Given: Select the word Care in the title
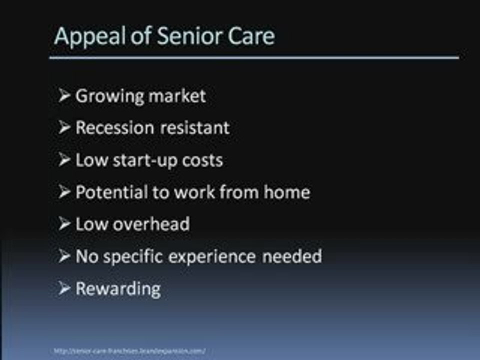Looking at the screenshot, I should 252,36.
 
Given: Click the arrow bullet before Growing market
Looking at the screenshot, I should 64,95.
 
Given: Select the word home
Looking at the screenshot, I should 288,192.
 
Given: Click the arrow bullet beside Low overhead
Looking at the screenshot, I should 64,224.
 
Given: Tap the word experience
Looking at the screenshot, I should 222,257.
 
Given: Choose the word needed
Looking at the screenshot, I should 299,256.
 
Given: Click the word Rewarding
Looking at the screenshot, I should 118,289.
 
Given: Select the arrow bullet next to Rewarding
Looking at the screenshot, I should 64,288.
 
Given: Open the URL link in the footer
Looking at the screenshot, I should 129,351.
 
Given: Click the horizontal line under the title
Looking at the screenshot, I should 253,57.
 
